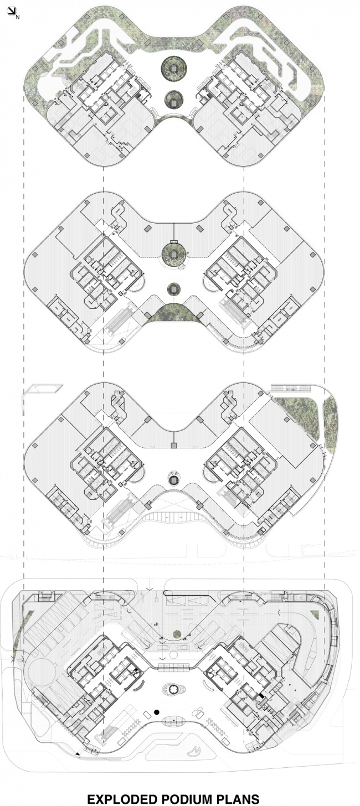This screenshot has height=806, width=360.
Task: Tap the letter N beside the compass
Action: (x=17, y=16)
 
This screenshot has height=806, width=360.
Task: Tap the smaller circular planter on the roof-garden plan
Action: (x=174, y=99)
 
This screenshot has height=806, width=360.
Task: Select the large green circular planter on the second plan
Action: (x=174, y=255)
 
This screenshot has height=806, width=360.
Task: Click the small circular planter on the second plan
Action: (x=173, y=288)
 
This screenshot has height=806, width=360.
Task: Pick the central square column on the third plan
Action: (x=174, y=446)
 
